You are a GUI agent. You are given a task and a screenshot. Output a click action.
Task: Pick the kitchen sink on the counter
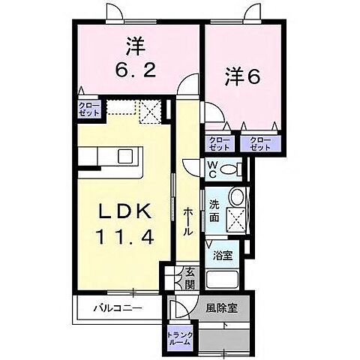pyautogui.click(x=125, y=157)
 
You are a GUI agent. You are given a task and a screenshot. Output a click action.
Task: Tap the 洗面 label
pyautogui.click(x=214, y=211)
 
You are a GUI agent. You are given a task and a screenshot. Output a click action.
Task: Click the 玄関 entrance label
pyautogui.click(x=190, y=280)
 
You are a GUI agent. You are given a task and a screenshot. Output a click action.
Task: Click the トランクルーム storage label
pyautogui.click(x=179, y=338)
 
